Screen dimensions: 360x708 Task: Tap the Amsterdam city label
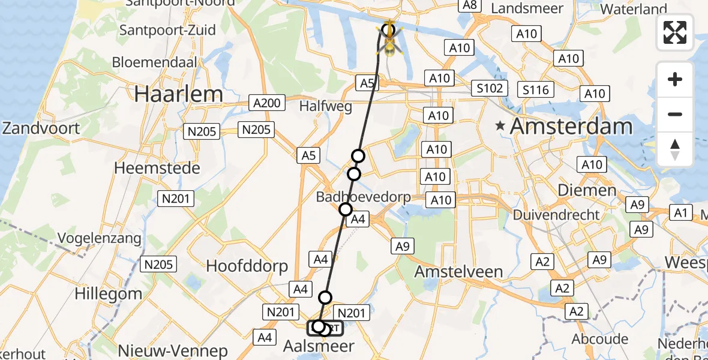point(572,127)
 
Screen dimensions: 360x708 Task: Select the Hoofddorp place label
point(247,266)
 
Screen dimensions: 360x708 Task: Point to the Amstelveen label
point(458,271)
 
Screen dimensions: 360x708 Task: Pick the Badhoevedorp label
point(364,197)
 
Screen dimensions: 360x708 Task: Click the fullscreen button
point(675,32)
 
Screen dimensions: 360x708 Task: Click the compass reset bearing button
point(675,149)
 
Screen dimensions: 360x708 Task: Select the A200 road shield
point(266,103)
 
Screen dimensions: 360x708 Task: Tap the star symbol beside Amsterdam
point(499,126)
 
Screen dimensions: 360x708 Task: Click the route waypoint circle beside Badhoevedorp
point(345,209)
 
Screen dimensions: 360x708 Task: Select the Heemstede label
point(157,168)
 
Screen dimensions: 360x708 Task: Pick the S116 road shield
point(535,90)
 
